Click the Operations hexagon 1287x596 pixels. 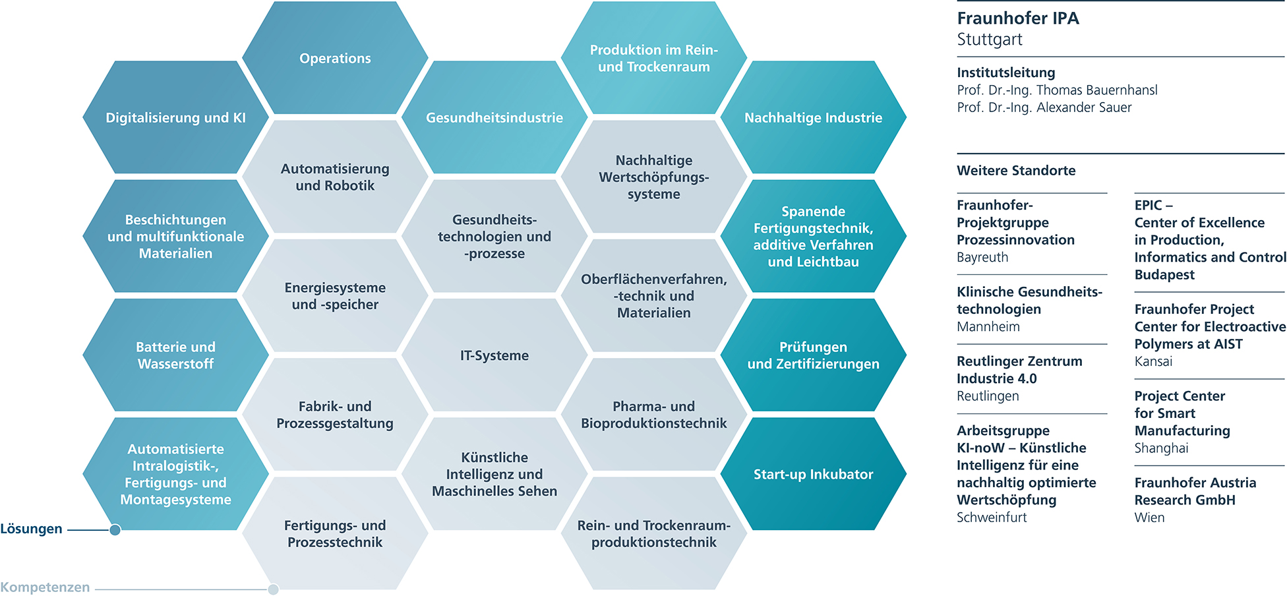(335, 58)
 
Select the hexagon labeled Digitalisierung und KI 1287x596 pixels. (175, 118)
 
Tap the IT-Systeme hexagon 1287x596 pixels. (494, 355)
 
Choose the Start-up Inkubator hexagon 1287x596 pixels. (813, 474)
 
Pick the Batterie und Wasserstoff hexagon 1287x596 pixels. (175, 355)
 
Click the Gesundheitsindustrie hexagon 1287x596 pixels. (494, 118)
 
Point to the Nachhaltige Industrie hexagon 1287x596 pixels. (813, 118)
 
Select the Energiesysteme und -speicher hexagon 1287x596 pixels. (335, 296)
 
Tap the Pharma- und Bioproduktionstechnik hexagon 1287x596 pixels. (653, 415)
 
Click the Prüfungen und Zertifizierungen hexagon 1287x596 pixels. (813, 355)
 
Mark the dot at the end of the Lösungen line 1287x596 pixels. (115, 529)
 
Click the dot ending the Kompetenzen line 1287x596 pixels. (273, 589)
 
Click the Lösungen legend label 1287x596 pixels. (31, 529)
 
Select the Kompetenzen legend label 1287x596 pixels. (45, 587)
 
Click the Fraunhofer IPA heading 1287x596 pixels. (1018, 18)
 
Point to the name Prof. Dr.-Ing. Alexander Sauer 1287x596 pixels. (1044, 107)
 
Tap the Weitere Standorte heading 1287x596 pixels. (1016, 171)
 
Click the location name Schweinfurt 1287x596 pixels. (992, 518)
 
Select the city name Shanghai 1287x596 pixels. (1161, 448)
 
